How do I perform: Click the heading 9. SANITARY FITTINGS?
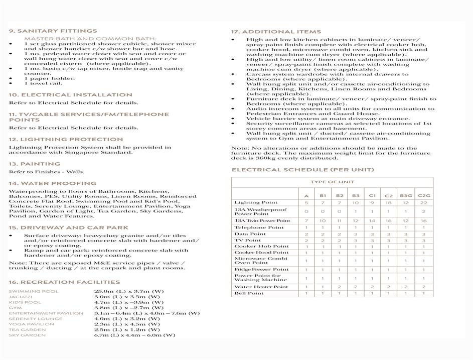coord(53,31)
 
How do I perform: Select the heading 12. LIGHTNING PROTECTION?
coord(66,139)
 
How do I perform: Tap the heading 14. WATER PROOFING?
coord(53,183)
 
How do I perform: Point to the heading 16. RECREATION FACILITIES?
coord(64,282)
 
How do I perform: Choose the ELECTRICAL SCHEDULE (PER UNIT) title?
coord(302,170)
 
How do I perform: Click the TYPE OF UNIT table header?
coord(332,182)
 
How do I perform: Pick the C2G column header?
coord(423,196)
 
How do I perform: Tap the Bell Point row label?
coord(249,293)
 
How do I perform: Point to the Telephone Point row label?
coord(259,227)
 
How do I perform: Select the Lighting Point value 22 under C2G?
coord(423,202)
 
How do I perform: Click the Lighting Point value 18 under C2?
coord(388,202)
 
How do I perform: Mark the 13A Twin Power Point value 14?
coord(372,221)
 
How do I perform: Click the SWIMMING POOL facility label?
coord(34,291)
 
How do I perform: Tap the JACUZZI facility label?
coord(21,297)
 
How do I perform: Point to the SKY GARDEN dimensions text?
coord(134,335)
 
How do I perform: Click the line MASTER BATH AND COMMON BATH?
coord(90,39)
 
